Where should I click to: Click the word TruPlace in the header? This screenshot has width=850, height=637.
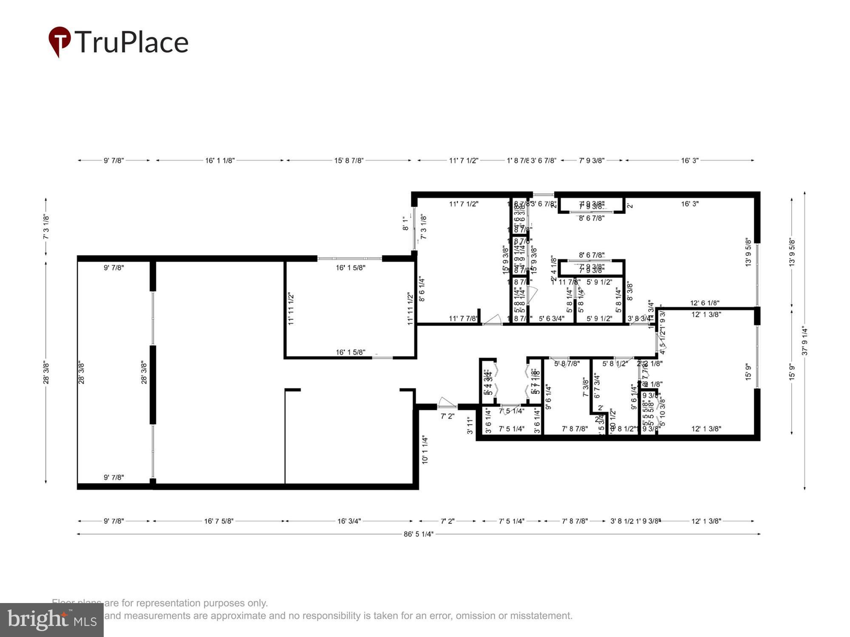coord(132,42)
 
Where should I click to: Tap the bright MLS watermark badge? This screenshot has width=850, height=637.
coord(51,620)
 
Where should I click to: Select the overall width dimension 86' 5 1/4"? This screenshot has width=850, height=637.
coord(418,534)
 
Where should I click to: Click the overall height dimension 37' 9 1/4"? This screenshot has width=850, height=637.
coord(805,341)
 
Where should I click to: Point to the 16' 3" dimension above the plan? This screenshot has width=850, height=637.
coord(689,161)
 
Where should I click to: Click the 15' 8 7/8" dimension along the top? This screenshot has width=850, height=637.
coord(348,161)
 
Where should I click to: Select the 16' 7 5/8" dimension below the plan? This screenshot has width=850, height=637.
coord(218,521)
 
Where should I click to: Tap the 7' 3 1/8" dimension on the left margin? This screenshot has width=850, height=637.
coord(46,227)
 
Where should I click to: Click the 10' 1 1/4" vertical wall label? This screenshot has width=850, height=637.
coord(425,449)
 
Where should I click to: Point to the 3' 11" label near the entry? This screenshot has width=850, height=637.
coord(470,426)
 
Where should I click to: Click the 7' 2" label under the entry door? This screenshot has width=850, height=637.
coord(447,416)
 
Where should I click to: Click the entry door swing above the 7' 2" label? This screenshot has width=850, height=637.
coord(446,403)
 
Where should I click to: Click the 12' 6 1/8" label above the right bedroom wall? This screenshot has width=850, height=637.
coord(704,303)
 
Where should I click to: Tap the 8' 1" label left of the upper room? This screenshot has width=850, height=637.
coord(405,223)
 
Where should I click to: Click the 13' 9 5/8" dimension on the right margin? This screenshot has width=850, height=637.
coord(792,252)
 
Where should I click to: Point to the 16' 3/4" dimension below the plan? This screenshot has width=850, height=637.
coord(349,521)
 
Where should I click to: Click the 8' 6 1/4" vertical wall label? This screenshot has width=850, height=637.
coord(422,289)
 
